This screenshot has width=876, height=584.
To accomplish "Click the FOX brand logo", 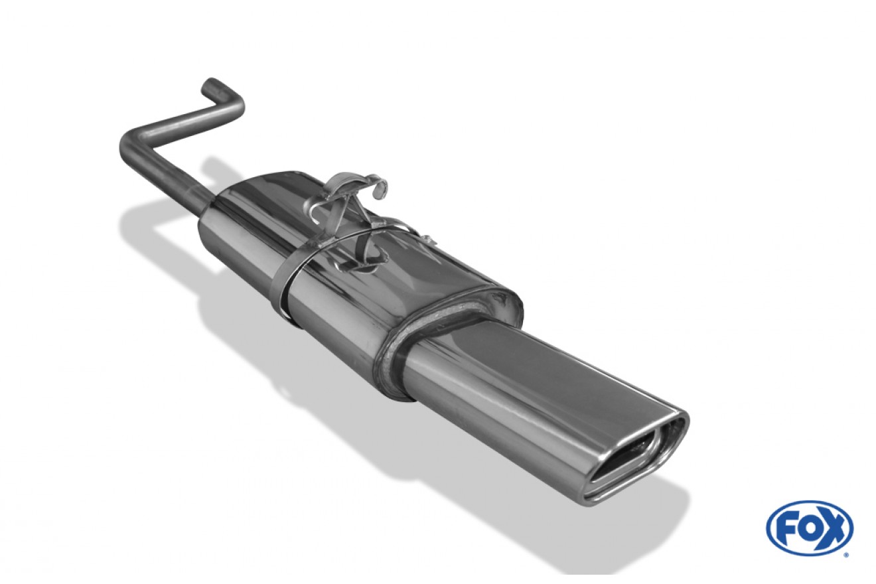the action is click(x=810, y=528).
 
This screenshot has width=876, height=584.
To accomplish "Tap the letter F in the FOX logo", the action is click(x=785, y=528).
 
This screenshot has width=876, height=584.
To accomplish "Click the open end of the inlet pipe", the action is click(x=210, y=85).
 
